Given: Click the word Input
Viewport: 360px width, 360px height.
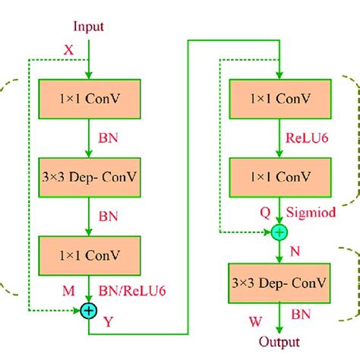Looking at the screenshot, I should [x=89, y=27].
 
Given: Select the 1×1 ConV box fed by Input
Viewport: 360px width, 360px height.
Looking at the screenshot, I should [x=90, y=98].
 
